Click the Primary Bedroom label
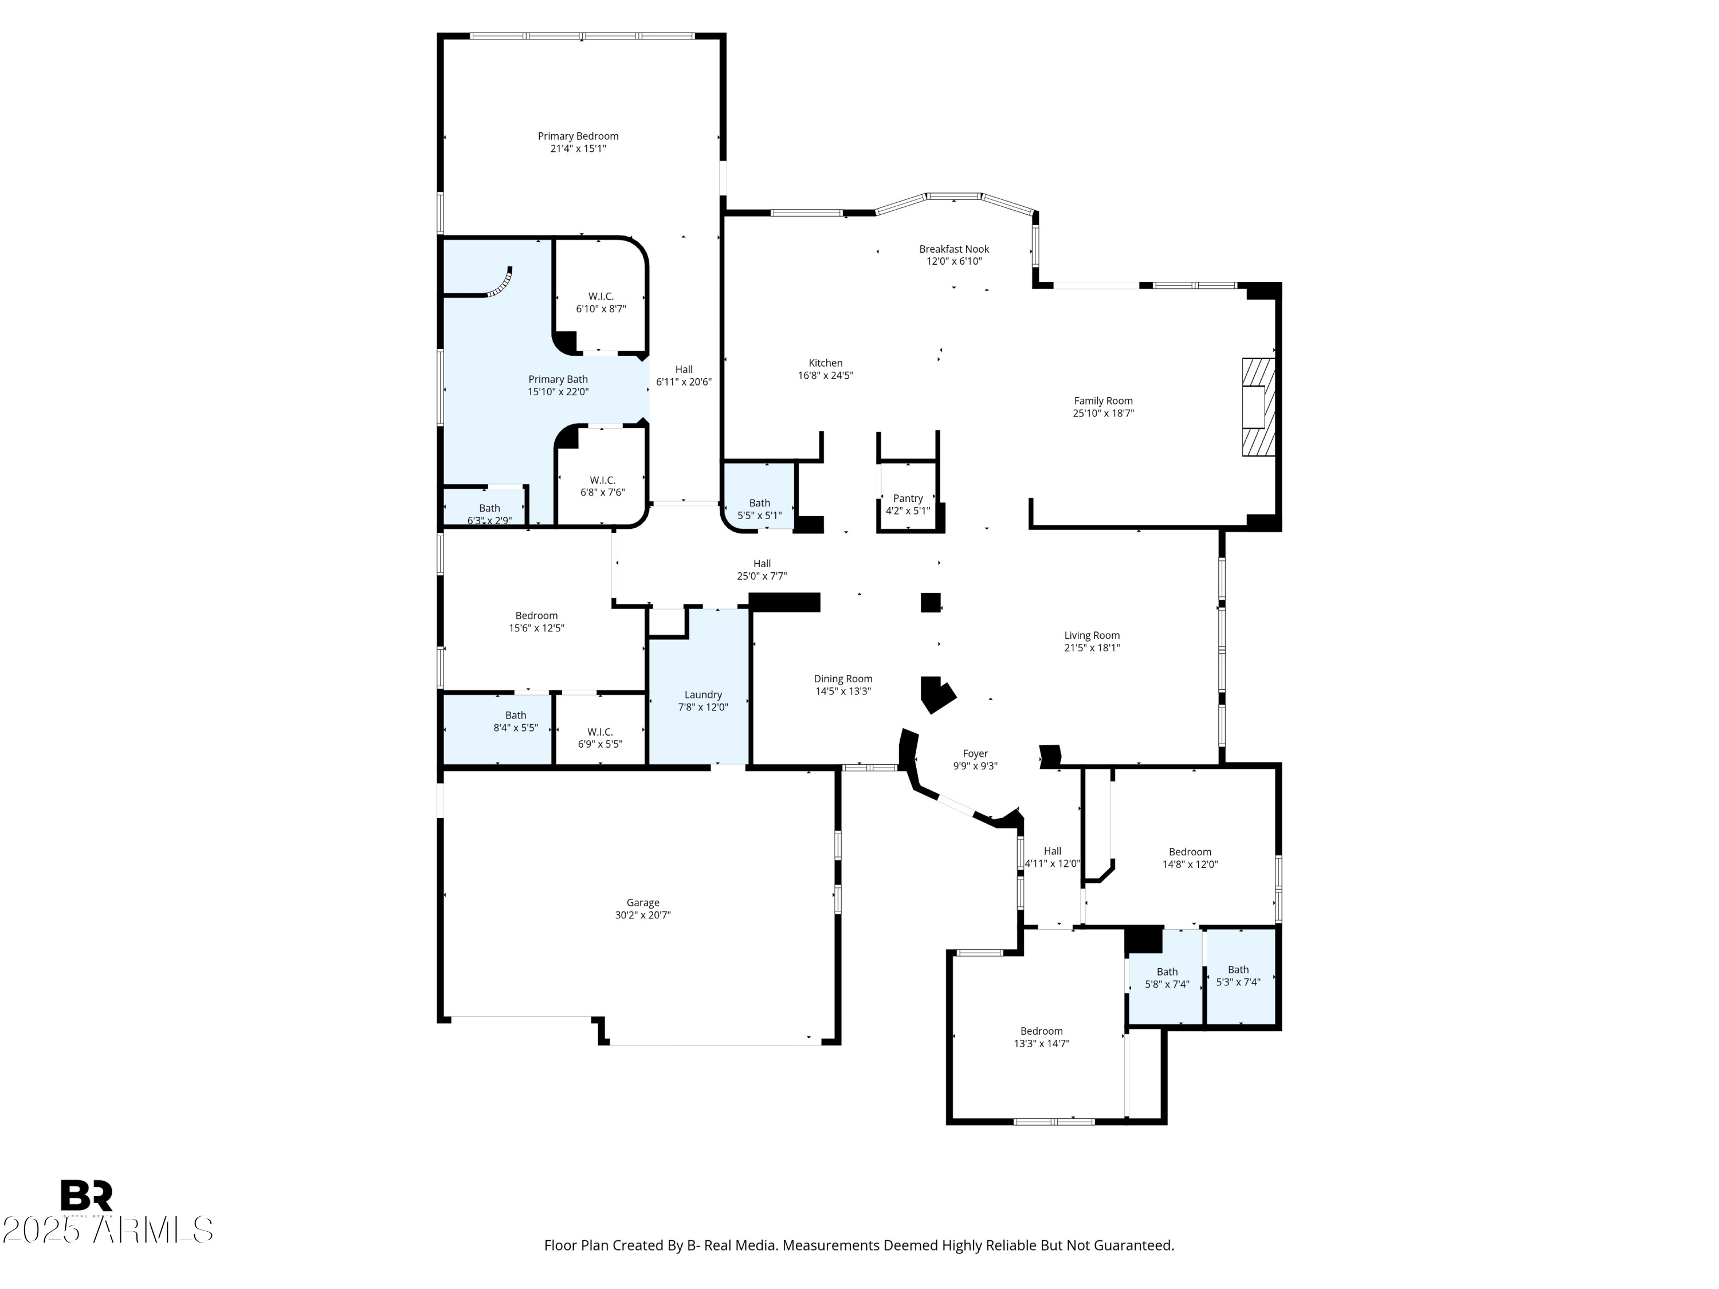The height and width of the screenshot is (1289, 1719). pyautogui.click(x=578, y=136)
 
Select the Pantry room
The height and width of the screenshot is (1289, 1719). pyautogui.click(x=908, y=499)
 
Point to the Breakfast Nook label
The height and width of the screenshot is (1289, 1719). pyautogui.click(x=953, y=249)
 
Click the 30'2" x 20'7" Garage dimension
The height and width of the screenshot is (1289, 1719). pyautogui.click(x=643, y=915)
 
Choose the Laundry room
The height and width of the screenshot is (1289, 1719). pyautogui.click(x=702, y=694)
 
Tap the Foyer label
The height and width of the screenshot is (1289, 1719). pyautogui.click(x=975, y=754)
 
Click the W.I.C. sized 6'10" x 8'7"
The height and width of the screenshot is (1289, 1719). pyautogui.click(x=600, y=302)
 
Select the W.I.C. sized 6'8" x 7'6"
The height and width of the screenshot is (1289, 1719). pyautogui.click(x=602, y=486)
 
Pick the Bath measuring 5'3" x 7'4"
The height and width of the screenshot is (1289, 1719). pyautogui.click(x=1238, y=975)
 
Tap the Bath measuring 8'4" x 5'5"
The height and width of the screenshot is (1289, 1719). pyautogui.click(x=515, y=721)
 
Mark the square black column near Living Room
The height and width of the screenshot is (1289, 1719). pyautogui.click(x=930, y=602)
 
